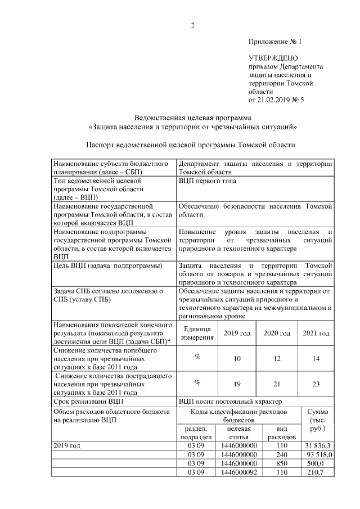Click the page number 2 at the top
(x=192, y=25)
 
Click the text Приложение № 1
(x=275, y=42)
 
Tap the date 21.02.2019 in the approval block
(x=275, y=100)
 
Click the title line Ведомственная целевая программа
(x=193, y=118)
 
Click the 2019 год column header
(x=237, y=334)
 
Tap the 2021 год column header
(x=316, y=334)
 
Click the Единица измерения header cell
(x=197, y=334)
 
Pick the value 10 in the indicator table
(x=237, y=358)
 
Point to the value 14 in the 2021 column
(x=316, y=358)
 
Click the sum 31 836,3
(x=318, y=445)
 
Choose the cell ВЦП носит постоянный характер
(x=229, y=402)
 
